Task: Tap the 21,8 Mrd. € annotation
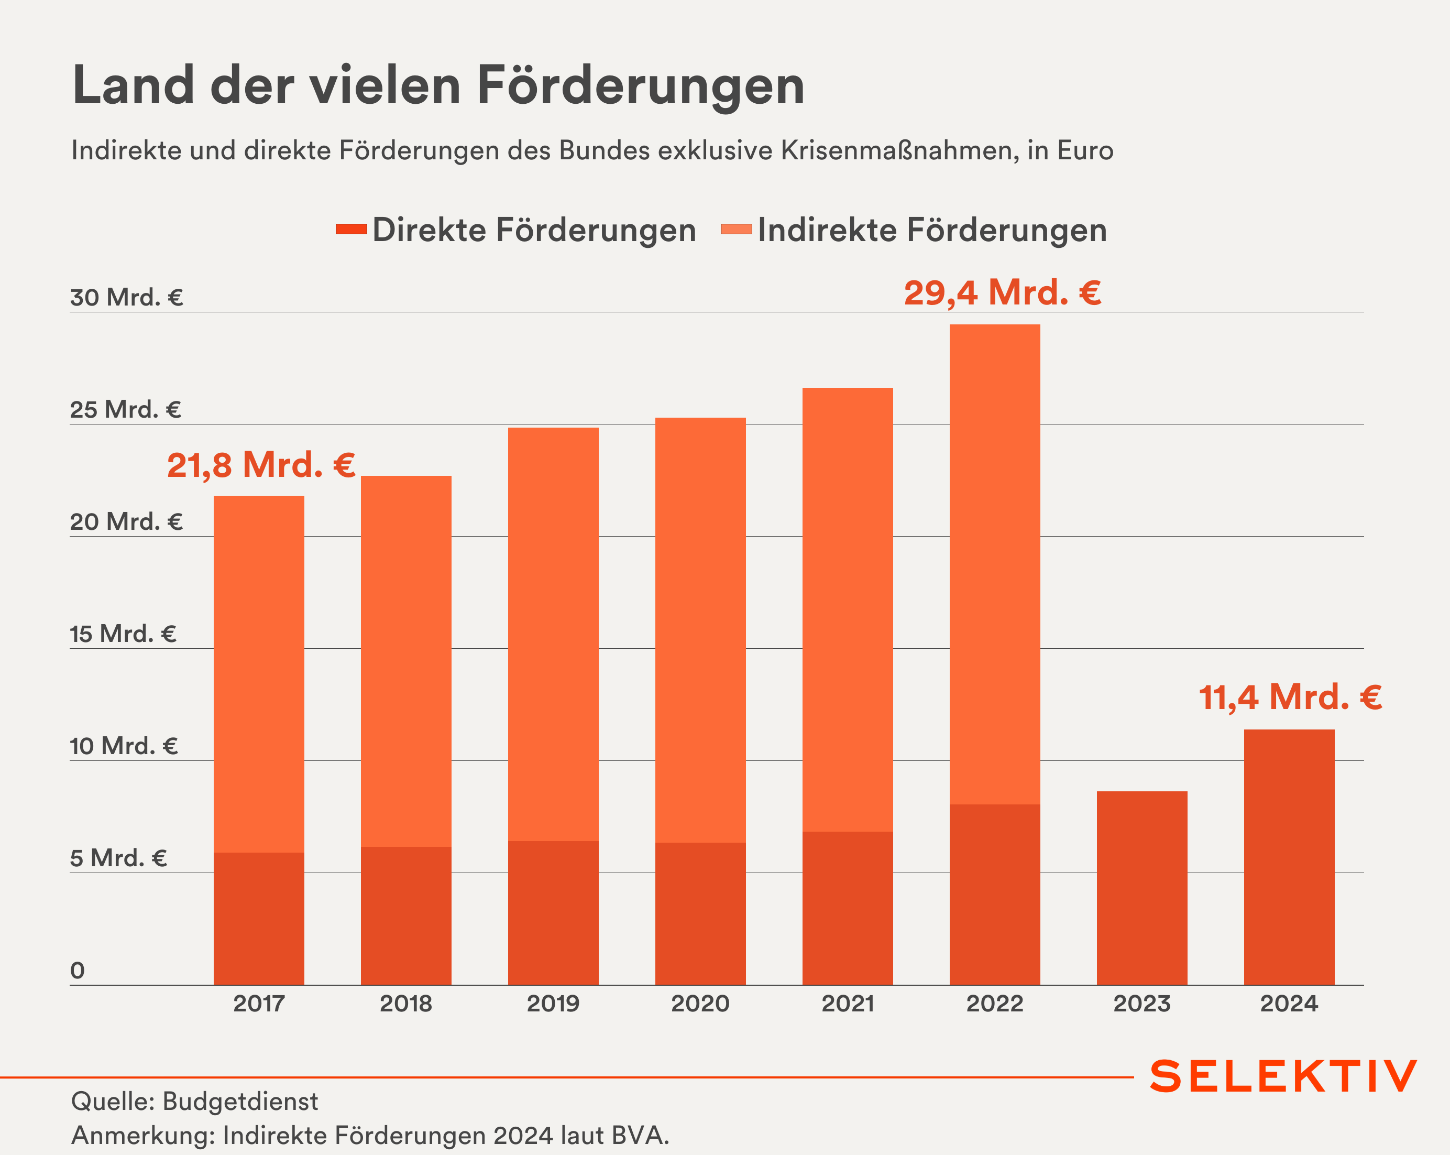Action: (261, 465)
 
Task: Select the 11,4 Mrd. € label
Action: (1290, 698)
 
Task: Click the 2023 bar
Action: (1141, 888)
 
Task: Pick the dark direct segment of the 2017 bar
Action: (259, 918)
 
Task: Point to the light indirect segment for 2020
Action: (700, 629)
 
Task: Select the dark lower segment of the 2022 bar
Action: (995, 895)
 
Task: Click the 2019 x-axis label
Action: (553, 1004)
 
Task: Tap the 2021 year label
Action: (848, 1004)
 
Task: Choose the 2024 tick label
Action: (1289, 1004)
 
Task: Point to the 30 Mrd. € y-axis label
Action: (126, 297)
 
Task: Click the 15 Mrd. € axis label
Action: (123, 634)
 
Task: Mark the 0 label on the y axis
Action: (78, 970)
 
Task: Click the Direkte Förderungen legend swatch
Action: (351, 230)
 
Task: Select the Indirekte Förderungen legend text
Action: (932, 230)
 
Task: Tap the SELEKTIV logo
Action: (1283, 1076)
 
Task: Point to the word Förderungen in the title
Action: (640, 86)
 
